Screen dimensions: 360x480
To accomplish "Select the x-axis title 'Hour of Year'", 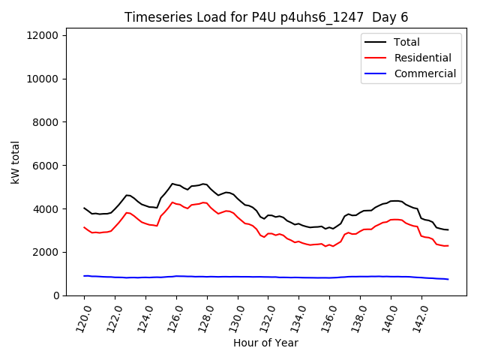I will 265,343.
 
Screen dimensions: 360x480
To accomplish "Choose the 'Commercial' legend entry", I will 424,73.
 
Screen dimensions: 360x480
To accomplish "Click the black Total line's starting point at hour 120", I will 84,208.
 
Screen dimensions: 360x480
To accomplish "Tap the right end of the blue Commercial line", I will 448,279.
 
